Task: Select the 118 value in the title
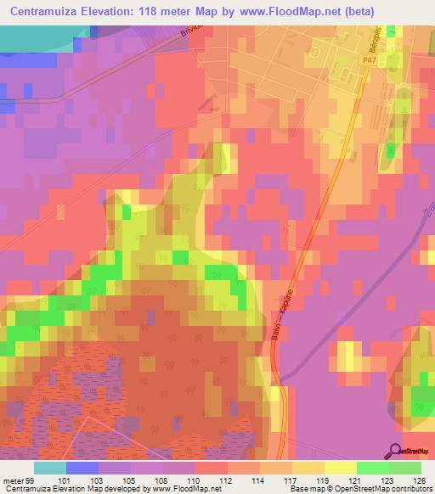(x=150, y=8)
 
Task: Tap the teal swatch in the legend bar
(x=50, y=468)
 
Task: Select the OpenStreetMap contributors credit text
(x=383, y=490)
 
